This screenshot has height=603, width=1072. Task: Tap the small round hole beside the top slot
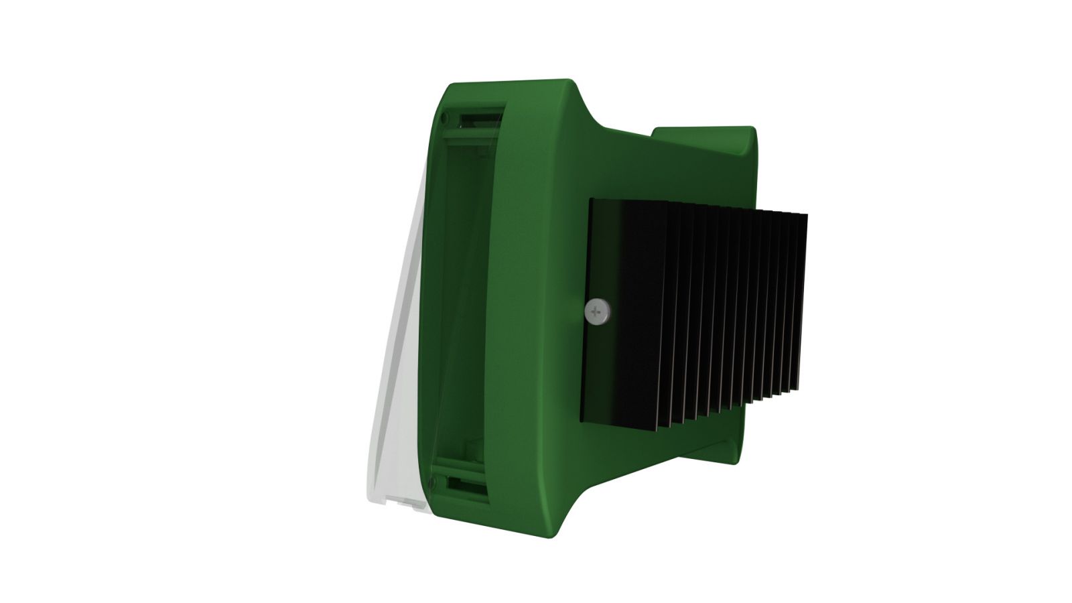pos(444,119)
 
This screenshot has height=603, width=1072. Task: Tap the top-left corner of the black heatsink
pos(592,201)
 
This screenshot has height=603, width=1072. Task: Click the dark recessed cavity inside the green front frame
pos(462,301)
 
